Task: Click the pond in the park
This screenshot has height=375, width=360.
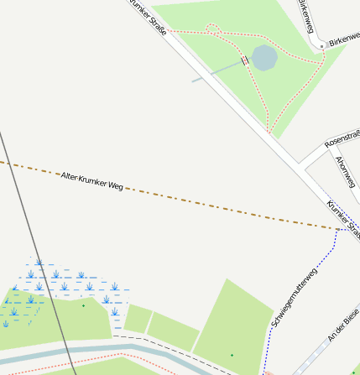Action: (x=264, y=58)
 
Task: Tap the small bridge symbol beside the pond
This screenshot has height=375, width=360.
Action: (x=245, y=60)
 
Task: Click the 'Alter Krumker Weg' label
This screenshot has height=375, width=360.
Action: (x=91, y=180)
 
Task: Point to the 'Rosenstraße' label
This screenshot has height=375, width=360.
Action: (x=341, y=138)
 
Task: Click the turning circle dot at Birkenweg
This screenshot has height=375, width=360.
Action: (x=321, y=44)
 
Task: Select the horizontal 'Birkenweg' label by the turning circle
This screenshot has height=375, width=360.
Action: (x=343, y=40)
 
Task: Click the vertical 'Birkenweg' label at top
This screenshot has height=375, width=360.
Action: (x=307, y=15)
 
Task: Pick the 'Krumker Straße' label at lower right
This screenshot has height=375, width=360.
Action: (x=342, y=214)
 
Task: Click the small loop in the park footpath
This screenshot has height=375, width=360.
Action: (x=213, y=30)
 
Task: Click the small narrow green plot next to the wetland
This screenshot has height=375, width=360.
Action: (x=138, y=319)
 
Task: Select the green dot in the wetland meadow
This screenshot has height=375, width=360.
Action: (x=83, y=305)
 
